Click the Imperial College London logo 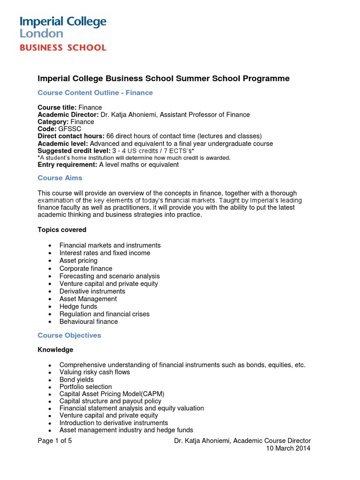(x=63, y=27)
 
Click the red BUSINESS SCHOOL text (x=63, y=47)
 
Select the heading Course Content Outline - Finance (x=95, y=93)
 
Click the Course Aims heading (x=60, y=178)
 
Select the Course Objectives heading (x=69, y=336)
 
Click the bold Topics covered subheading (x=62, y=230)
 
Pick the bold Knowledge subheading (x=55, y=350)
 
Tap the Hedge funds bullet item (x=78, y=307)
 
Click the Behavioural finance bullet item (x=89, y=322)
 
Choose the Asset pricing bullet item (x=78, y=261)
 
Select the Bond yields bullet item (x=76, y=380)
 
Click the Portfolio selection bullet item (x=85, y=387)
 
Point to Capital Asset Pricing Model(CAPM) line (x=112, y=394)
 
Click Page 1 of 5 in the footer (x=54, y=441)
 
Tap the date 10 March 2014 (x=288, y=449)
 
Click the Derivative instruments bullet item (x=86, y=291)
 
